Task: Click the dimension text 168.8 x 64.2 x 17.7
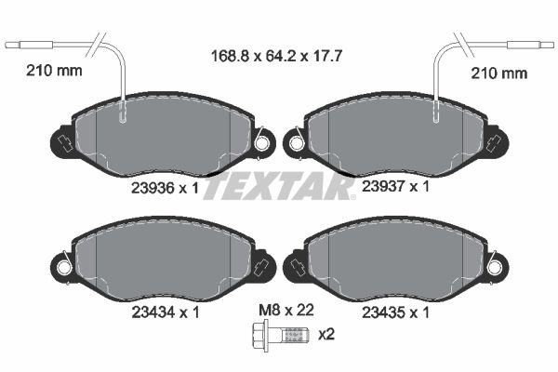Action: (276, 56)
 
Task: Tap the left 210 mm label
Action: (54, 71)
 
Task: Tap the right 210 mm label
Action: (498, 73)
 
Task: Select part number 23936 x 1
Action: (166, 188)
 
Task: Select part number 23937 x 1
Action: (396, 186)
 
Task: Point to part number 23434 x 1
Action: (166, 312)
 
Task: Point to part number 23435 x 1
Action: (396, 312)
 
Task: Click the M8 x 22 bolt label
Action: (286, 310)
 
